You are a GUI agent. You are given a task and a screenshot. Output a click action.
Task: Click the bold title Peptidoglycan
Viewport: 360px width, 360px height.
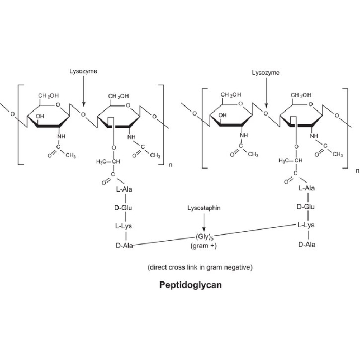(190, 285)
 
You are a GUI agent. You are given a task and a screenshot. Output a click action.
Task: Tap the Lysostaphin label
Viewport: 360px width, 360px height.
(204, 208)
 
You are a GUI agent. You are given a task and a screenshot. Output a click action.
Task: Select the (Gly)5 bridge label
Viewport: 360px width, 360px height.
(205, 237)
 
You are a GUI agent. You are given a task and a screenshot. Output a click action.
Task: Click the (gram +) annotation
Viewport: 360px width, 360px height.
(203, 246)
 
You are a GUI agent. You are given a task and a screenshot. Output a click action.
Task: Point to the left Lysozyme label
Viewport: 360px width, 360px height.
(83, 72)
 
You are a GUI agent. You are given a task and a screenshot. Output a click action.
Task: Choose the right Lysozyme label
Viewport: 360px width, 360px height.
(265, 73)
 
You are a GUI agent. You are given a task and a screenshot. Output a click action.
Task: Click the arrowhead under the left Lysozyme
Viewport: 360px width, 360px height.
(84, 104)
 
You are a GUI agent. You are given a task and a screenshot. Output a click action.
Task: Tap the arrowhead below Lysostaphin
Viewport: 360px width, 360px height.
(204, 229)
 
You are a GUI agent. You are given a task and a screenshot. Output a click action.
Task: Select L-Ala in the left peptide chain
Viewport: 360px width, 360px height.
(124, 189)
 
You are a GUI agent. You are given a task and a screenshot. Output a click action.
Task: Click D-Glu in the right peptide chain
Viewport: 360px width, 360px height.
(306, 207)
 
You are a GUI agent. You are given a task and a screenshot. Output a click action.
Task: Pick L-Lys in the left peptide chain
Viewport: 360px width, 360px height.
(123, 226)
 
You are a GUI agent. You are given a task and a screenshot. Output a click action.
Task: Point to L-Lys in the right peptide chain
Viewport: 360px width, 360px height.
(306, 225)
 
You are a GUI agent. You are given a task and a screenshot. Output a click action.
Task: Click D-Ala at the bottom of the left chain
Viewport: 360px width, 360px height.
(124, 246)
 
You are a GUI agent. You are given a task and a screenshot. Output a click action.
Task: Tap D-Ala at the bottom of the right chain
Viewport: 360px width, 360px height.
(307, 245)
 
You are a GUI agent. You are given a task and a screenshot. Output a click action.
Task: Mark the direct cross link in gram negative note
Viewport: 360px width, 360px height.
(200, 267)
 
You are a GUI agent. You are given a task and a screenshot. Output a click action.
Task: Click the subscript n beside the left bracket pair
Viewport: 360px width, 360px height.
(171, 165)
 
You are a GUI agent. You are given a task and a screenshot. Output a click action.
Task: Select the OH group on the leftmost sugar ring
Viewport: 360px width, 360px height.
(40, 116)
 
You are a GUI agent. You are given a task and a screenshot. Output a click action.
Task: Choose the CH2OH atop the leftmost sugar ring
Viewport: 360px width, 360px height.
(49, 96)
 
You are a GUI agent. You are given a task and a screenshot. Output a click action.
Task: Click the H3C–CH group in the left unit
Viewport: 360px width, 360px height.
(108, 162)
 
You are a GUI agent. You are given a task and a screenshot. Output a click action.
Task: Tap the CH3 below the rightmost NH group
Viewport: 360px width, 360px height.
(338, 154)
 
